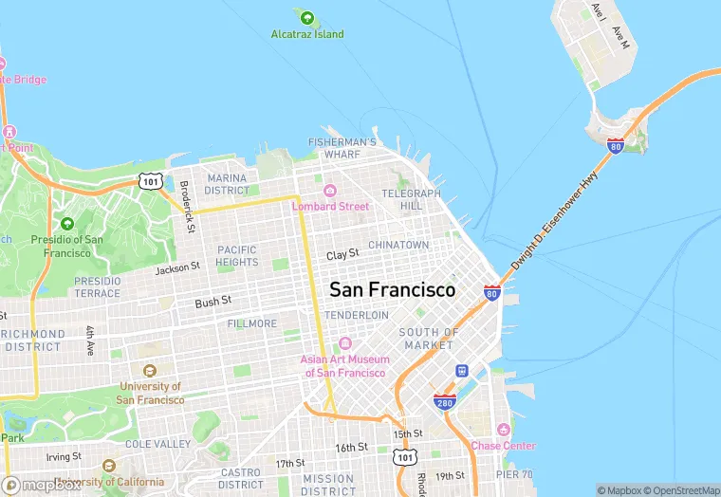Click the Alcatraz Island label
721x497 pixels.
305,35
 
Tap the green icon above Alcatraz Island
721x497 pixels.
305,17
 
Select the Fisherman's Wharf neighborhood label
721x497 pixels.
342,148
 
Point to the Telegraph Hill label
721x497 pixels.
411,199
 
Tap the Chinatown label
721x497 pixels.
398,245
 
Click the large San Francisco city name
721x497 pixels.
392,289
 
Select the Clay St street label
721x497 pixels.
342,255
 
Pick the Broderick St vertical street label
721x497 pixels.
188,207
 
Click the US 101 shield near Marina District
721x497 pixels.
150,180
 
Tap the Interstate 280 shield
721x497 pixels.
445,402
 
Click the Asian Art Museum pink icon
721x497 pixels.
344,343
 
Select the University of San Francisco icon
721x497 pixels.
149,371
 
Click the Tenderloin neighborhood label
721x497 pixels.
357,315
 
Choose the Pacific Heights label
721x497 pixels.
237,255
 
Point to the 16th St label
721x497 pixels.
351,447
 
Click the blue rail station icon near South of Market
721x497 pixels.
462,371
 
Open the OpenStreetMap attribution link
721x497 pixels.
682,490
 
